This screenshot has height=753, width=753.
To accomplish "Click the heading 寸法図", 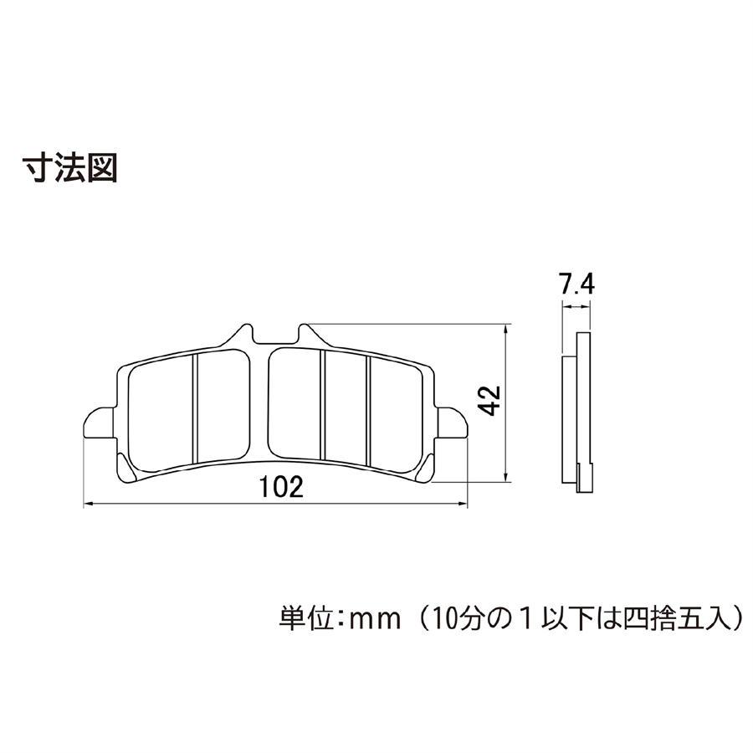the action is pyautogui.click(x=70, y=167).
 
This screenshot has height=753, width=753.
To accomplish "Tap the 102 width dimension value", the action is pyautogui.click(x=281, y=487).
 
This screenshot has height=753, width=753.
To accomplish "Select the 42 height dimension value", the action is pyautogui.click(x=489, y=400).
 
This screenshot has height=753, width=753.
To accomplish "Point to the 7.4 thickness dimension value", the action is pyautogui.click(x=576, y=284).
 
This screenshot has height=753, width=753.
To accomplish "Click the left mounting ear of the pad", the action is pyautogui.click(x=100, y=423).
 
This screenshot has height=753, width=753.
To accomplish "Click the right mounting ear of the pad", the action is pyautogui.click(x=452, y=423).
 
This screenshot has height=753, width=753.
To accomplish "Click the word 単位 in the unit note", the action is pyautogui.click(x=306, y=619).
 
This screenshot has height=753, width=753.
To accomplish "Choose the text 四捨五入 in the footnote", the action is pyautogui.click(x=677, y=619).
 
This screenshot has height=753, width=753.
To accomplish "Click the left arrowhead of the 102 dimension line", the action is pyautogui.click(x=87, y=505).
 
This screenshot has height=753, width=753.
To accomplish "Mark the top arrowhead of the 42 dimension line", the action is pyautogui.click(x=505, y=329).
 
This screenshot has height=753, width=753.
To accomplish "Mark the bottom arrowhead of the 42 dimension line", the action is pyautogui.click(x=505, y=478).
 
